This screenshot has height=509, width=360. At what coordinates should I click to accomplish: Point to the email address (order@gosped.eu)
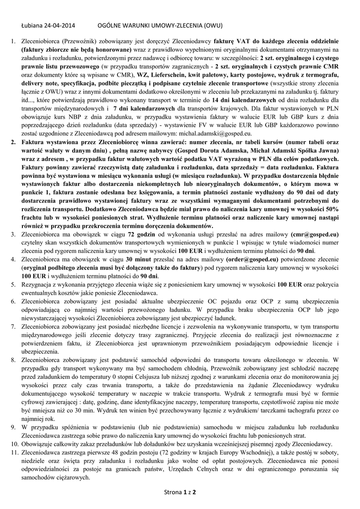tap(252, 259)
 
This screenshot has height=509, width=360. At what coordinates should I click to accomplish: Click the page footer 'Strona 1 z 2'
tap(180, 493)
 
